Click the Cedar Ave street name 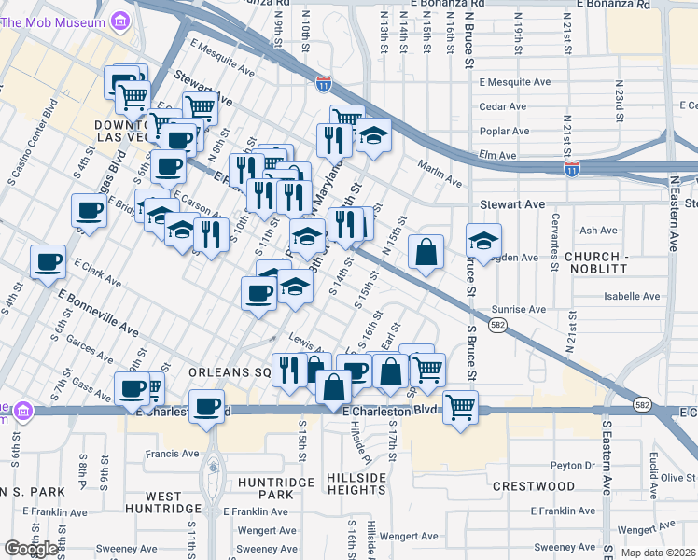[x=503, y=106]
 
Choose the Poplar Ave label [x=504, y=131]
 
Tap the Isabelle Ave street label [x=631, y=296]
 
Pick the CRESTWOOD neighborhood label [x=534, y=486]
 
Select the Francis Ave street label [x=172, y=454]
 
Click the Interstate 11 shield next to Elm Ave [x=571, y=169]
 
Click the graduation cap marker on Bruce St [x=483, y=241]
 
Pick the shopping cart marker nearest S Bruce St [x=461, y=406]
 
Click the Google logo [x=32, y=549]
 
